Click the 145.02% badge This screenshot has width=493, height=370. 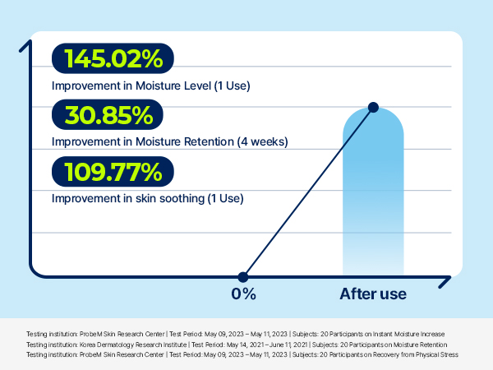point(113,58)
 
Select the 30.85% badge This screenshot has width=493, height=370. point(107,115)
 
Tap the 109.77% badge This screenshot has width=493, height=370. point(113,172)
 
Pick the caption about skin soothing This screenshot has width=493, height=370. point(147,198)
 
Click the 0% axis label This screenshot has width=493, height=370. point(243,294)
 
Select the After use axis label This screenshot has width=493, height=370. point(373,294)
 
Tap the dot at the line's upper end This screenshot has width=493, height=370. point(373,107)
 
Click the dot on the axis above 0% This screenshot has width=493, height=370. point(243,277)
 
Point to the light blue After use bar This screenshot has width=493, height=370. point(373,192)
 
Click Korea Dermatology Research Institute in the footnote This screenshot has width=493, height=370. point(133,345)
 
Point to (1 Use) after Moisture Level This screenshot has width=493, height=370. point(232,86)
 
